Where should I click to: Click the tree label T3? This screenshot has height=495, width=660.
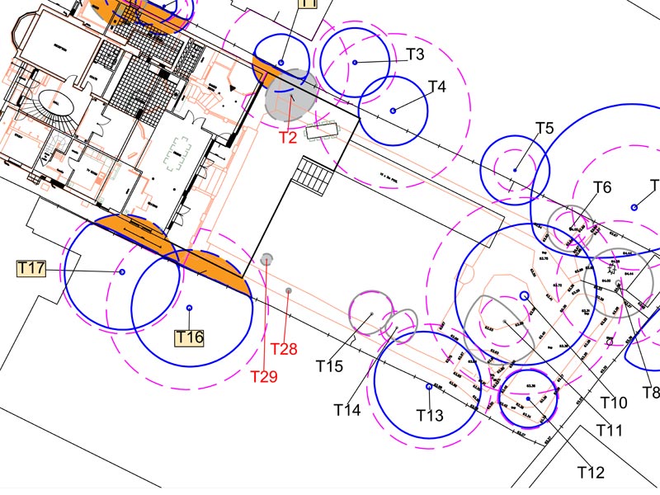pos(415,55)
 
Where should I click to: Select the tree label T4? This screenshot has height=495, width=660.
pos(437,86)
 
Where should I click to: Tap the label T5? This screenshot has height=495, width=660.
pos(544,129)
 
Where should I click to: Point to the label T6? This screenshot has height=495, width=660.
pos(602,188)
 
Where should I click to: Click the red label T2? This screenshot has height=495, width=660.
pos(287,138)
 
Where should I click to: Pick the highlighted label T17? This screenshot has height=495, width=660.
pos(31,268)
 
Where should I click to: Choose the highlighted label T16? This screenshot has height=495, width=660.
pos(189,337)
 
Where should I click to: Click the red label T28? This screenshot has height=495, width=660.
pos(284,350)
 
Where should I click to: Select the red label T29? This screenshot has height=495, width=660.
pos(264,376)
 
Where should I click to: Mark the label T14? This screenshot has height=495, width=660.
pos(347,409)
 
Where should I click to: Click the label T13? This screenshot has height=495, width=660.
pos(431,415)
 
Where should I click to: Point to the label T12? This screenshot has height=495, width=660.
pos(591,473)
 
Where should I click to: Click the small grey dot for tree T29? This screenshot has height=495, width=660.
pos(266,259)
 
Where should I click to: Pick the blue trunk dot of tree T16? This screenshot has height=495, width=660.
pos(190,308)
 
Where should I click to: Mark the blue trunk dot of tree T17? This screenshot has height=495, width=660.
pos(122,271)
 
